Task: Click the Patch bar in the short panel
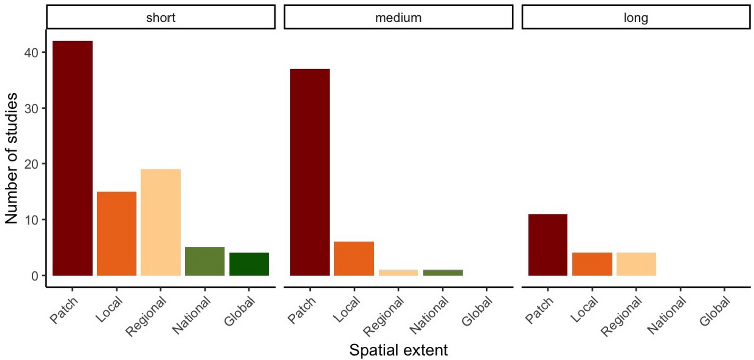click(x=72, y=158)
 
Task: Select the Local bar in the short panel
click(x=117, y=233)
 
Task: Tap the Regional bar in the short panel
click(x=160, y=222)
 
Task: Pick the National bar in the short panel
click(x=205, y=261)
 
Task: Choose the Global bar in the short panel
click(x=249, y=264)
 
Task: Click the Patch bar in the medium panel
click(x=310, y=172)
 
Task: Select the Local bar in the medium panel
click(x=354, y=258)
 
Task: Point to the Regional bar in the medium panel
click(x=398, y=273)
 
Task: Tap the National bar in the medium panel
click(x=443, y=273)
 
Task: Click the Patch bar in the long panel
click(x=548, y=245)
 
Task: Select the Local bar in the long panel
click(x=592, y=264)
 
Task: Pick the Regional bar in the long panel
click(x=636, y=264)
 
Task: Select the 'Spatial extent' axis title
click(x=398, y=350)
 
